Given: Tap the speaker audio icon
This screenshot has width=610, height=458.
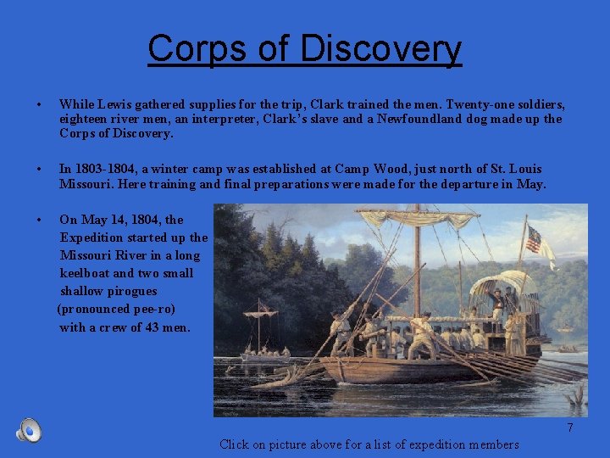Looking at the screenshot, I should (29, 431).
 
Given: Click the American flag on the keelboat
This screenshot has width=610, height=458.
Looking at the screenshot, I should (534, 239).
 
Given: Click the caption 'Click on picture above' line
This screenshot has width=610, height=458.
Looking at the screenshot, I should (369, 444).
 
